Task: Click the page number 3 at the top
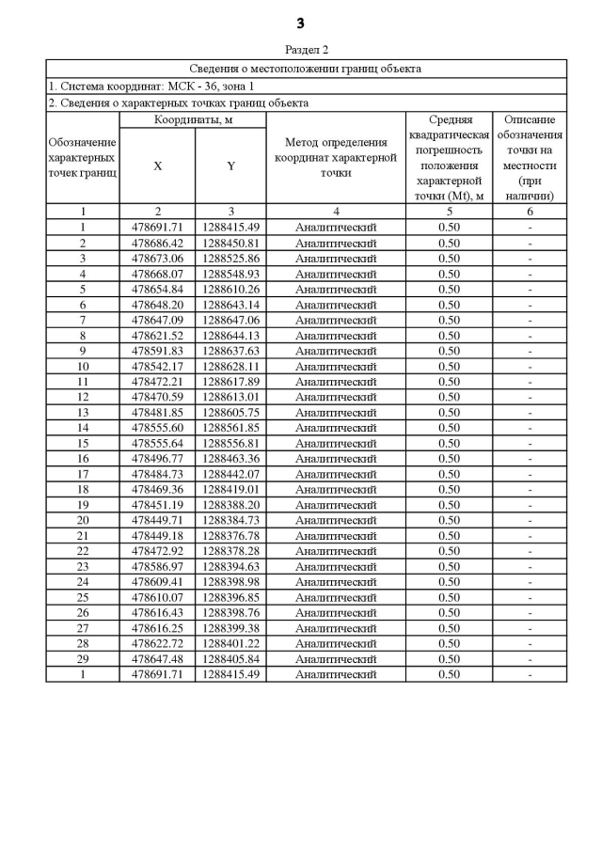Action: [x=300, y=24]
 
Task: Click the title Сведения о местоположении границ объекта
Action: [x=306, y=69]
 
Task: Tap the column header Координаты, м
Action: [x=193, y=120]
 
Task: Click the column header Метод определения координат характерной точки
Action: [x=335, y=157]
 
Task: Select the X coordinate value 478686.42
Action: [x=157, y=243]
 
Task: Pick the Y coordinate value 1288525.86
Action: [x=230, y=258]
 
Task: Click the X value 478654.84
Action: [x=157, y=289]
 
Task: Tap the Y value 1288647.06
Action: [x=230, y=320]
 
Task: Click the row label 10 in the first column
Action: [x=83, y=366]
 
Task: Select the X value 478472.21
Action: [x=157, y=381]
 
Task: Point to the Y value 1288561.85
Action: [x=230, y=428]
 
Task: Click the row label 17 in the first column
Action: [x=83, y=474]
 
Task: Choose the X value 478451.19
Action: [x=157, y=505]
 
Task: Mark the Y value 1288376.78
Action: [x=230, y=535]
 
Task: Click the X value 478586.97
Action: [x=157, y=566]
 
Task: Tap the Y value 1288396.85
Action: [x=230, y=597]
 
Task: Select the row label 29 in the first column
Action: [x=83, y=659]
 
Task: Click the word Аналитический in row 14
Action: [x=335, y=428]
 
